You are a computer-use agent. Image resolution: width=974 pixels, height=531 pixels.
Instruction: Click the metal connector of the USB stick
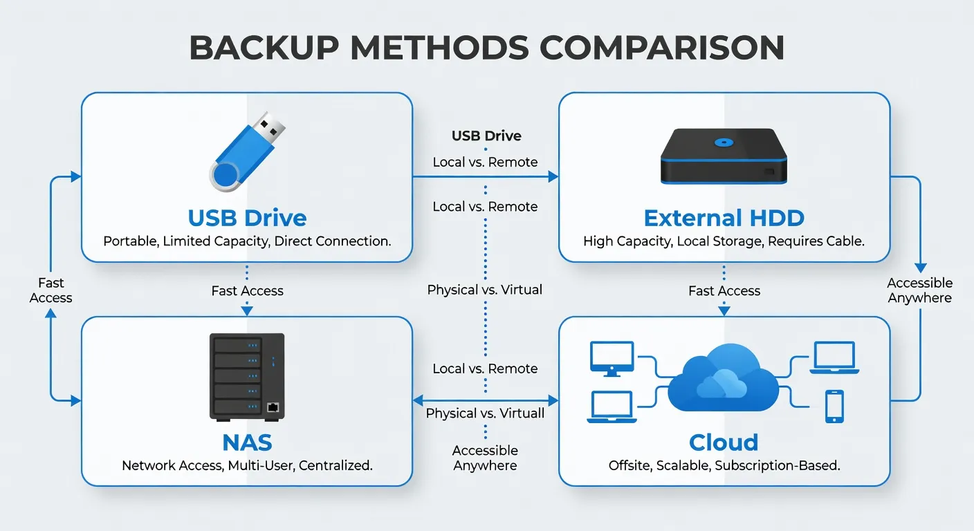coord(270,126)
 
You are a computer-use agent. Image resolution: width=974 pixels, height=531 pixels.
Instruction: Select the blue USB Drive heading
coord(247,218)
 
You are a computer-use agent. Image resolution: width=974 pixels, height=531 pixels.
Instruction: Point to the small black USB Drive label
coord(486,136)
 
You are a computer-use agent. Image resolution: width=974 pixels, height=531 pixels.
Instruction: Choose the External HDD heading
coord(724,218)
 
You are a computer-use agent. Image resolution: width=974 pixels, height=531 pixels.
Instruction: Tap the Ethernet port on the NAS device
coord(273,407)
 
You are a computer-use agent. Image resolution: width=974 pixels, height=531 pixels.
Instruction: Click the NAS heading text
coord(247,442)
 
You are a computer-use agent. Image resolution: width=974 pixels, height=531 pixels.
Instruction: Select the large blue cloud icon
coord(723,380)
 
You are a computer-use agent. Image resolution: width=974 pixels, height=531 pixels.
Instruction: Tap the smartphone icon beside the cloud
coord(834,406)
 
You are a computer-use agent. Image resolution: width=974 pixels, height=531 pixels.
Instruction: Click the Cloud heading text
coord(724,442)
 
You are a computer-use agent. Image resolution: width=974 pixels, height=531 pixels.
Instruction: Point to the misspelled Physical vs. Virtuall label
coord(485,413)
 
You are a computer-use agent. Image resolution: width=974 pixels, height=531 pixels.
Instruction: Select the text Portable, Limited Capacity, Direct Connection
coord(247,241)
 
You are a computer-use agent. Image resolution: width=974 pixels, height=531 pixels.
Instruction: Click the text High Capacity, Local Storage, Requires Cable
coord(724,241)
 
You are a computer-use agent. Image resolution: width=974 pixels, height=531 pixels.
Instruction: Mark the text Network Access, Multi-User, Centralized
coord(247,465)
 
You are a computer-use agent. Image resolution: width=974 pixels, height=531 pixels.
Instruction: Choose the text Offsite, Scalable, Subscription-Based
coord(724,465)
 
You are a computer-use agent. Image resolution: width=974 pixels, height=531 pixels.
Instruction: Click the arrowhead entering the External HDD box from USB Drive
coord(553,177)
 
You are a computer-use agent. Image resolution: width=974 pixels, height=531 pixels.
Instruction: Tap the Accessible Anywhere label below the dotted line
coord(485,458)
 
